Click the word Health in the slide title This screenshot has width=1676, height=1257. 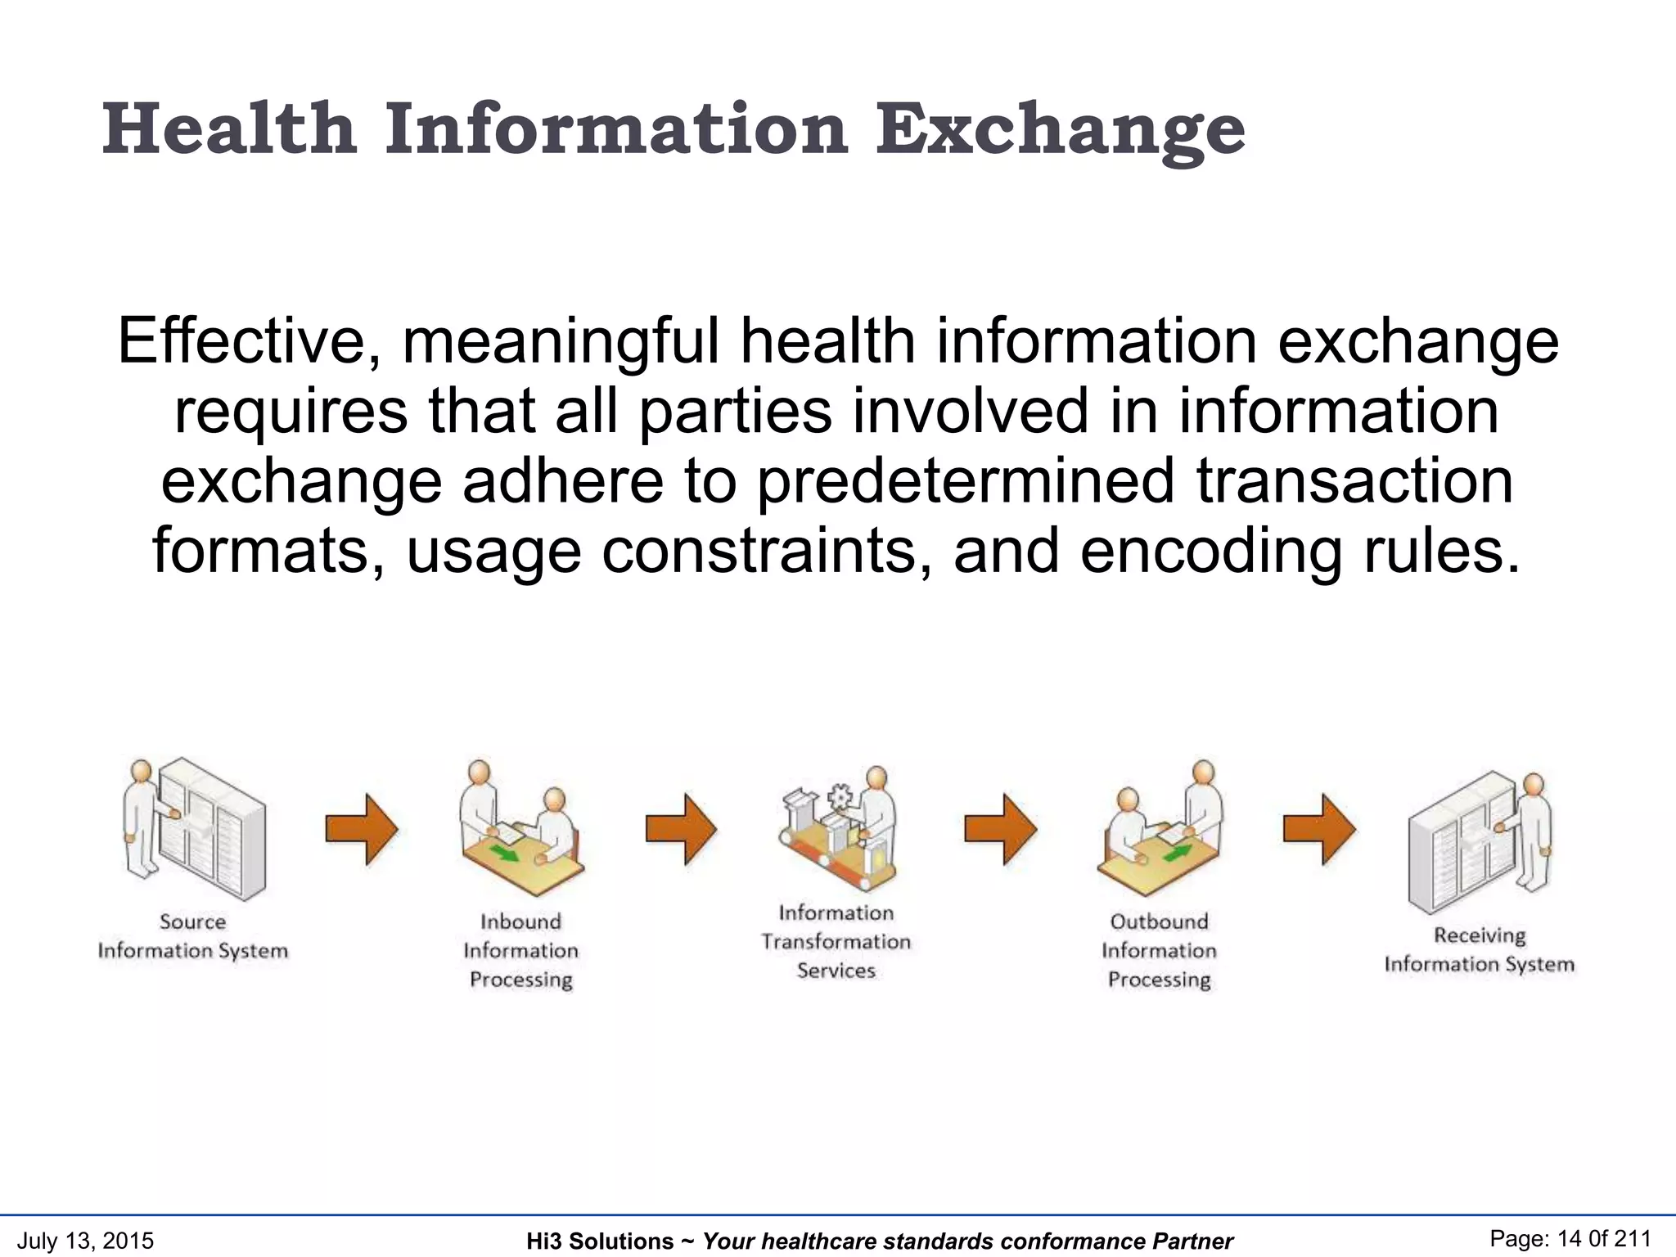point(229,129)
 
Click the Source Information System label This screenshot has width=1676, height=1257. point(193,936)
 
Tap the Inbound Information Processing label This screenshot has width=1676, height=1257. point(520,950)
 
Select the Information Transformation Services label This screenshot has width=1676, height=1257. point(836,941)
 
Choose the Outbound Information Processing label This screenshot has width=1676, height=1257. point(1159,950)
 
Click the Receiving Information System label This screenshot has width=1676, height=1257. point(1479,949)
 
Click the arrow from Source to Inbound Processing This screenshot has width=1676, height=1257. point(361,829)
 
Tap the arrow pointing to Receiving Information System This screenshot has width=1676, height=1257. point(1318,829)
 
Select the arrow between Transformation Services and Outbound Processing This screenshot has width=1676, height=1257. point(1000,829)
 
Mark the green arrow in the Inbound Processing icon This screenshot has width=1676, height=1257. point(505,854)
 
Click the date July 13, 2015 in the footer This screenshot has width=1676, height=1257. point(85,1241)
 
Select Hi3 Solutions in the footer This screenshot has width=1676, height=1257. point(599,1241)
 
